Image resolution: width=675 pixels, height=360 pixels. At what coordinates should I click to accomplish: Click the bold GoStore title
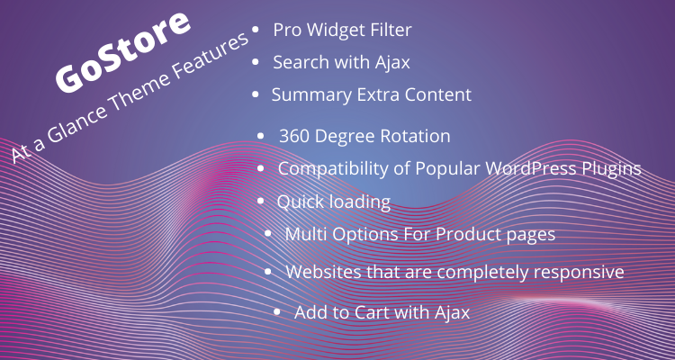pyautogui.click(x=123, y=50)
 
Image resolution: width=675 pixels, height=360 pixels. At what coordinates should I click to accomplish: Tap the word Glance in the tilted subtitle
pyautogui.click(x=76, y=126)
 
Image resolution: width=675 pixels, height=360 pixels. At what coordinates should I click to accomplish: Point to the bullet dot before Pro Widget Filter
pyautogui.click(x=256, y=30)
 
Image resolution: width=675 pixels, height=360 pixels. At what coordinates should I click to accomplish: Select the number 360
pyautogui.click(x=294, y=136)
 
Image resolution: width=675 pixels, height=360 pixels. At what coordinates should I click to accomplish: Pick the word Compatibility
pyautogui.click(x=333, y=169)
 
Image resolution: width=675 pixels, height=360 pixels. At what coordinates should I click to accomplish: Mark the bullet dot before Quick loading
pyautogui.click(x=260, y=201)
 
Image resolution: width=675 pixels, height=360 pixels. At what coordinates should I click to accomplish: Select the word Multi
pyautogui.click(x=306, y=234)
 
